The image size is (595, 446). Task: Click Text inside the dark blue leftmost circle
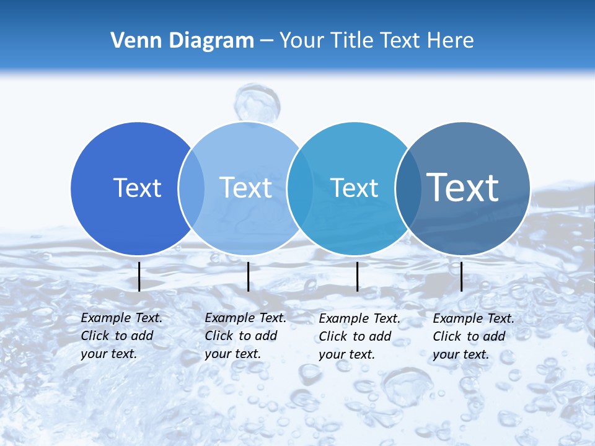click(137, 188)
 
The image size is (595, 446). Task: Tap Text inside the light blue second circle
click(245, 188)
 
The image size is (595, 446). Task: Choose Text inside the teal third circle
click(354, 188)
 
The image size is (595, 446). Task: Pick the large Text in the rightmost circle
click(463, 187)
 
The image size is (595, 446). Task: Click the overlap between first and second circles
click(192, 188)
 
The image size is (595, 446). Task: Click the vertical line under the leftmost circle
click(139, 276)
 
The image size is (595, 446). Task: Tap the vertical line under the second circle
click(248, 276)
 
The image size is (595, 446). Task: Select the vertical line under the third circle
click(357, 276)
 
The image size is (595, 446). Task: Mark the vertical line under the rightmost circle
click(461, 276)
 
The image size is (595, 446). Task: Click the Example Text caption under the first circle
click(121, 336)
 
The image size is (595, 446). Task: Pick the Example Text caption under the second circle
click(245, 336)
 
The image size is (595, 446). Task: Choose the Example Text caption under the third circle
click(359, 336)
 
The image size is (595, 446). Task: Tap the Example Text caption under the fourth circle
click(473, 336)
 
